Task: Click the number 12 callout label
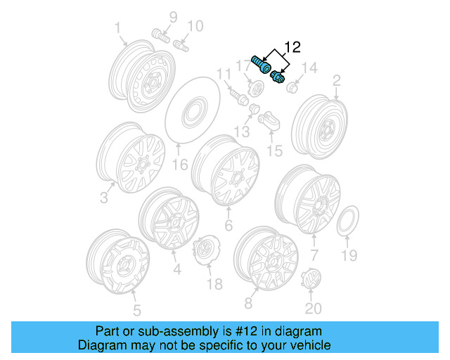pos(292,48)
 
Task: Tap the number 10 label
pos(194,26)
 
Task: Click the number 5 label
pos(136,309)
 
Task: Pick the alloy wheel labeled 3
pos(131,158)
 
